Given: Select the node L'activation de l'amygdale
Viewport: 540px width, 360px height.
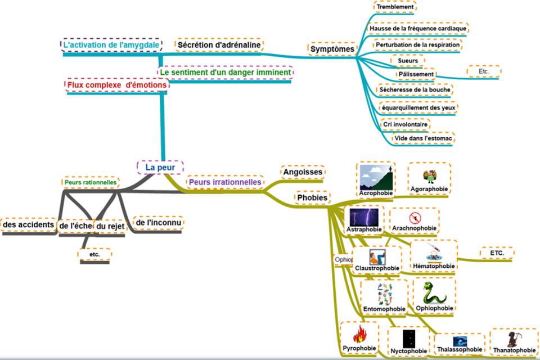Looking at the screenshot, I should coord(110,45).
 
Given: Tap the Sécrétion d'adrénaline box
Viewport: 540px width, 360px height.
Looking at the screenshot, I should coord(219,45).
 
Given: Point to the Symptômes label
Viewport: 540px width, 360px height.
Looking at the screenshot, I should coord(332,49).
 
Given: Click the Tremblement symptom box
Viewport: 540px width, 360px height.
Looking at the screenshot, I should coord(395,7).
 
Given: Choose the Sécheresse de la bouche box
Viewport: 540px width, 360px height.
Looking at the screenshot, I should coord(416,89).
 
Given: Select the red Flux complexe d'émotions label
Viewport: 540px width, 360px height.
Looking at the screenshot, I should coord(117,85).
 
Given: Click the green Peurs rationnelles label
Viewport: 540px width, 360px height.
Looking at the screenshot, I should coord(91,182).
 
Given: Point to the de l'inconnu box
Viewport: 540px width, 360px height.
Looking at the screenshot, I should coord(158,223).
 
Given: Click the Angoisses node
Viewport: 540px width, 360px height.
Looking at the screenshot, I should coord(303,172).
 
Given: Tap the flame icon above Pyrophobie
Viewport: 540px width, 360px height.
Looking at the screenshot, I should coord(359,335).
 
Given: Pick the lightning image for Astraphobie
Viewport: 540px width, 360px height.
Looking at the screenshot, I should coord(364,217).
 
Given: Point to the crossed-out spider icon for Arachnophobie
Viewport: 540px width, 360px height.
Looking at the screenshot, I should coord(415,217).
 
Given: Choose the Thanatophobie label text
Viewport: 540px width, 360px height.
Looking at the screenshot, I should coord(513,350).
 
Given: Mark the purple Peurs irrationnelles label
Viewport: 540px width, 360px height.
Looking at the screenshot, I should coord(225,182).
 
